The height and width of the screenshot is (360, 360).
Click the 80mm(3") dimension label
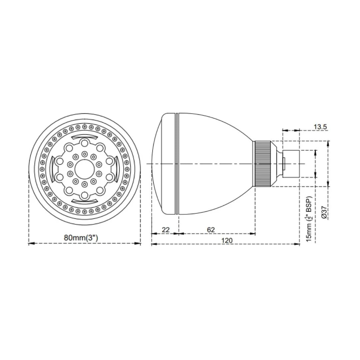(81, 238)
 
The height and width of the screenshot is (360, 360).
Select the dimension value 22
(165, 230)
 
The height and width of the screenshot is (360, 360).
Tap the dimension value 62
(211, 230)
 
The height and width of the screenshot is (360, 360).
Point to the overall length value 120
(227, 240)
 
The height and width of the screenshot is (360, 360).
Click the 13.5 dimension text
(320, 127)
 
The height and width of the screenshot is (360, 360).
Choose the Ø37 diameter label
(324, 212)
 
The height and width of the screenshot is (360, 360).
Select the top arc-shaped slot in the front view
(85, 137)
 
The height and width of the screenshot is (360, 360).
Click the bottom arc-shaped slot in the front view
(85, 201)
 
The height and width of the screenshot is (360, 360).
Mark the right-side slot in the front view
(116, 169)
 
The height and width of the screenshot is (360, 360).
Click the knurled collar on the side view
(263, 163)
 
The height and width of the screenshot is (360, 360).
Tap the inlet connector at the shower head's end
(292, 163)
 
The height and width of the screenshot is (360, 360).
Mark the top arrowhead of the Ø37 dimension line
(328, 143)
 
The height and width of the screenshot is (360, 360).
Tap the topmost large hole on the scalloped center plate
(85, 143)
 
